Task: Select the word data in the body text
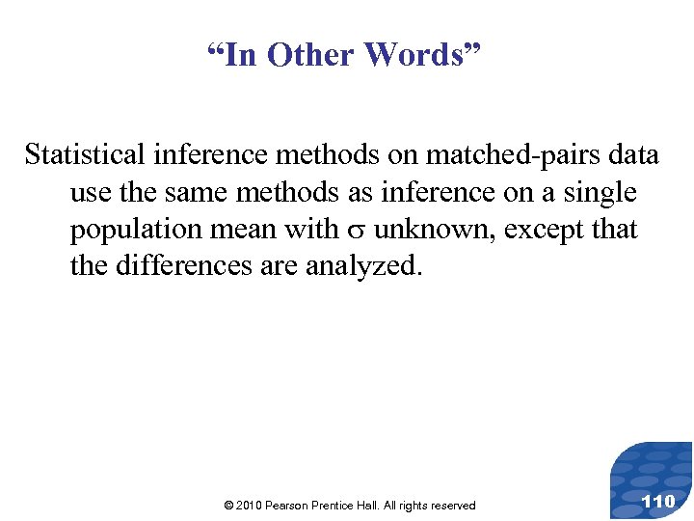[x=632, y=154]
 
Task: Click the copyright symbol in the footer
[x=227, y=506]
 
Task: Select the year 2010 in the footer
[x=249, y=506]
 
